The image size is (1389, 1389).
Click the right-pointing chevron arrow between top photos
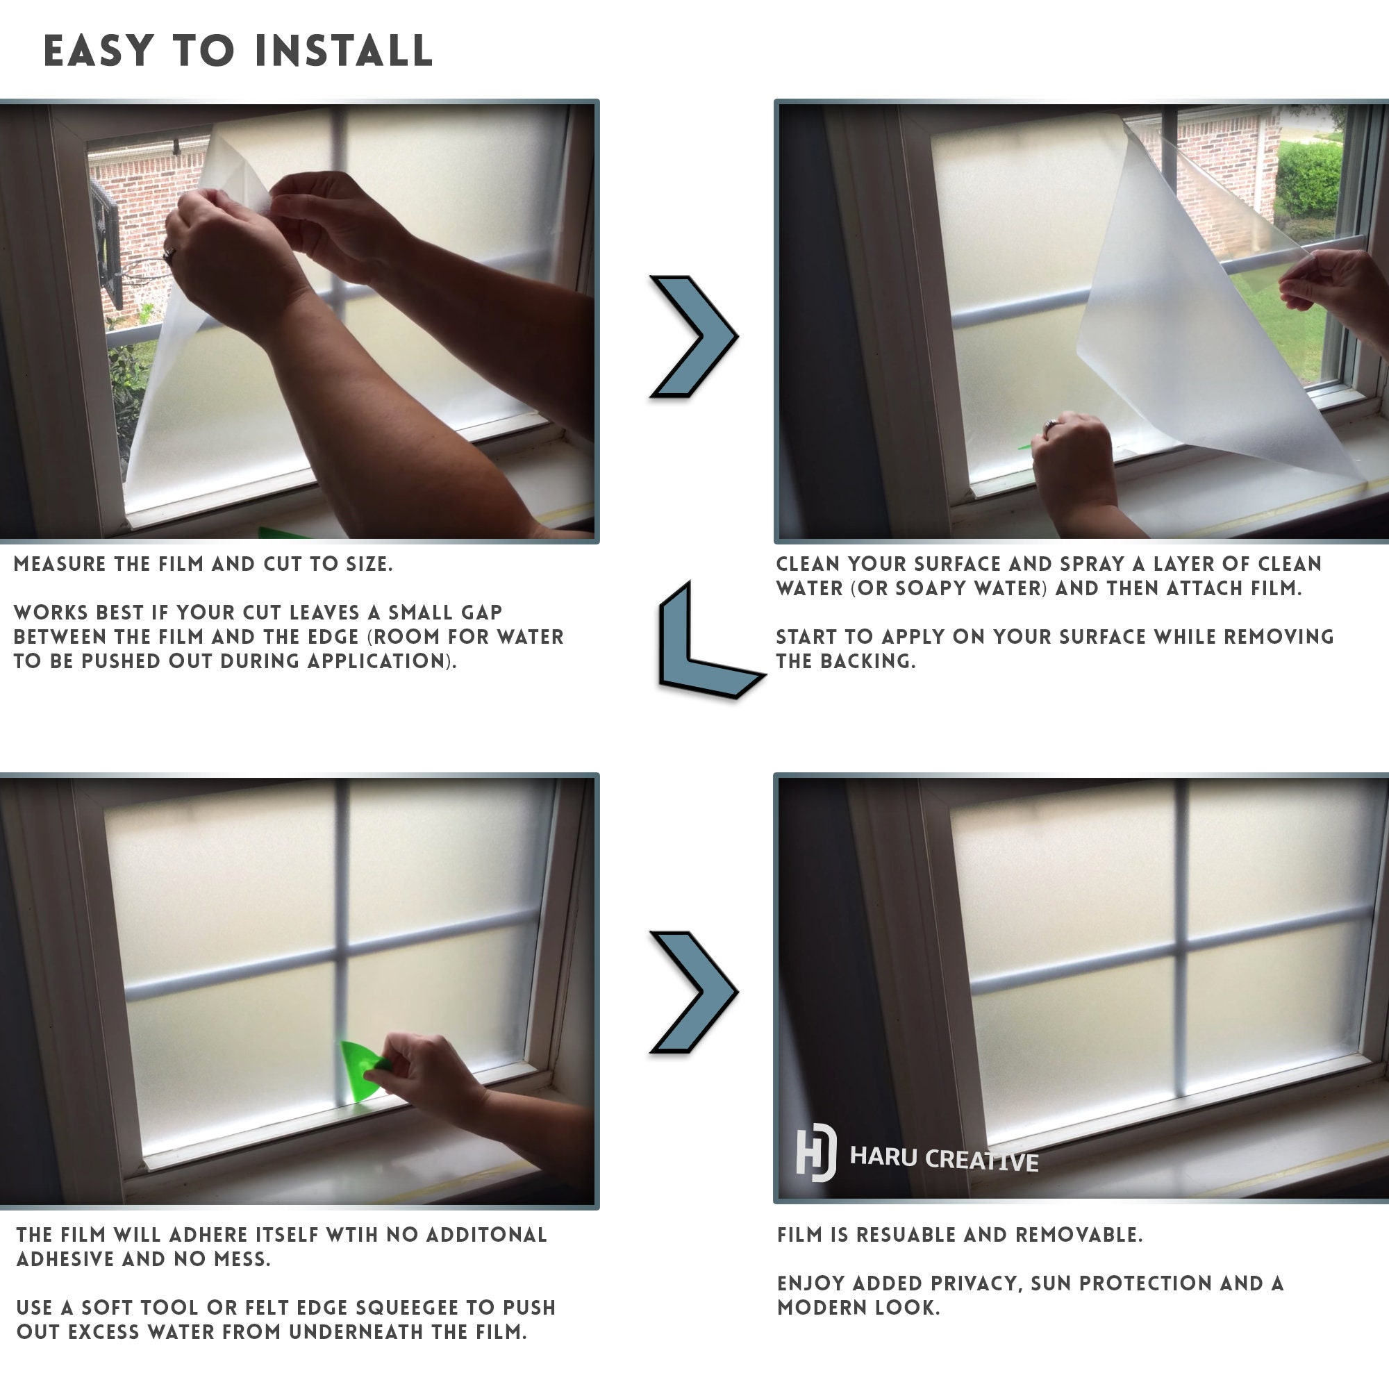tap(693, 335)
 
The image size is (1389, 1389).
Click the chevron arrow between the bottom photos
tap(693, 992)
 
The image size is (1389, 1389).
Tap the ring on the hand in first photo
tap(169, 253)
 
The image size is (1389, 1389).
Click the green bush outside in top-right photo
tap(1308, 180)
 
